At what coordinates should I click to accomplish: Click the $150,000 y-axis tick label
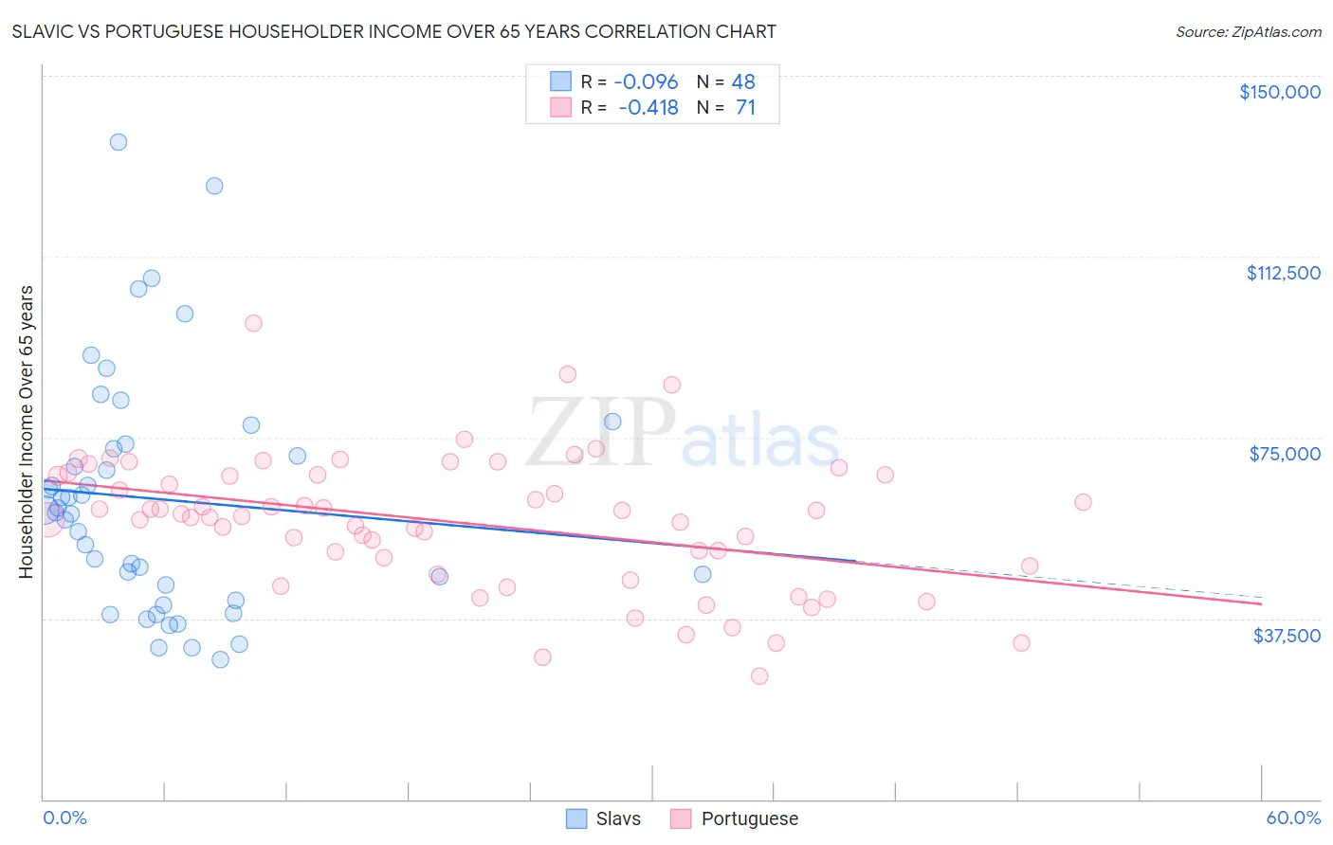[x=1279, y=92]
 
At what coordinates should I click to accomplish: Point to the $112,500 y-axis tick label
[x=1283, y=273]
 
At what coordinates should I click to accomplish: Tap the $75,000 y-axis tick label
[x=1285, y=454]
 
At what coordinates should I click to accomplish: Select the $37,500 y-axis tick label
[x=1287, y=636]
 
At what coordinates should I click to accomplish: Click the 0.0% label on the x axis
[x=64, y=818]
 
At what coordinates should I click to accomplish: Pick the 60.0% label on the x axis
[x=1292, y=818]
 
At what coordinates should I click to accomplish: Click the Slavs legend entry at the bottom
[x=604, y=818]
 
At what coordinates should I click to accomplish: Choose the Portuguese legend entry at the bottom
[x=735, y=818]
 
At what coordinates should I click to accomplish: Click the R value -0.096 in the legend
[x=647, y=81]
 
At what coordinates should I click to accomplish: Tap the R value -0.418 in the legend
[x=648, y=107]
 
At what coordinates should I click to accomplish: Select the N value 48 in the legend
[x=743, y=81]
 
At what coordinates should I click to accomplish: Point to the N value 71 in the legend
[x=745, y=107]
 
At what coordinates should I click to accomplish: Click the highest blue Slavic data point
[x=119, y=142]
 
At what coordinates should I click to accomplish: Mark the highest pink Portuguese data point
[x=253, y=323]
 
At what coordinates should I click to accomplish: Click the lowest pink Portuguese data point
[x=759, y=676]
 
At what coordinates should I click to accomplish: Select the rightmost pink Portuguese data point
[x=1083, y=502]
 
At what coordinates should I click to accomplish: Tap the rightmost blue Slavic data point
[x=703, y=574]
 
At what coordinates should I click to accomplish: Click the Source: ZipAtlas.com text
[x=1248, y=31]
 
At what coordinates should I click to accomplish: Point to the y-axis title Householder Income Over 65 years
[x=26, y=432]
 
